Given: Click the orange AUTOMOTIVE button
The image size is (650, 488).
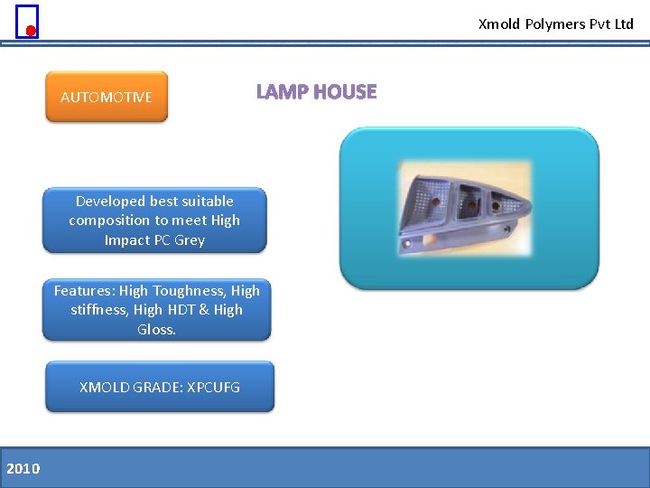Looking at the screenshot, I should [x=107, y=97].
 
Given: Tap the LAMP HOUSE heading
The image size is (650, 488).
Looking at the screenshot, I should [x=316, y=92].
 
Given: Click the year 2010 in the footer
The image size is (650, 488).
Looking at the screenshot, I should [x=23, y=468].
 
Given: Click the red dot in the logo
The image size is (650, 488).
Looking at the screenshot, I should [x=31, y=31].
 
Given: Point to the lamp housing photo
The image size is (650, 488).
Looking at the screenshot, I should [x=468, y=209].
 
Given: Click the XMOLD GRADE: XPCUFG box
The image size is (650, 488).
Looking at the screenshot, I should [x=160, y=387].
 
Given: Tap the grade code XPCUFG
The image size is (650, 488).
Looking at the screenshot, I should [x=213, y=387].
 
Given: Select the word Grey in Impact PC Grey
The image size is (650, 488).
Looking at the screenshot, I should [x=190, y=240].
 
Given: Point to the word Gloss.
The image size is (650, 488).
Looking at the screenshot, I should [x=156, y=330].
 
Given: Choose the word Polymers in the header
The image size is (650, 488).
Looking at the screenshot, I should [x=555, y=24].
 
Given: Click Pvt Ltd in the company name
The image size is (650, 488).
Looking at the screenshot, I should [x=612, y=24].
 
